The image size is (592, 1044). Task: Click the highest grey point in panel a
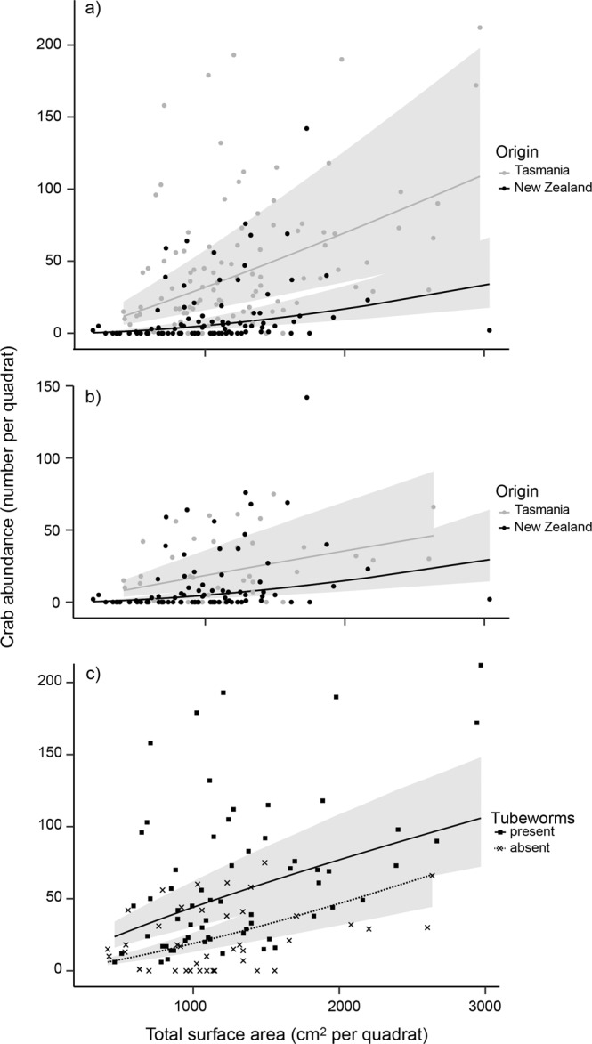(480, 28)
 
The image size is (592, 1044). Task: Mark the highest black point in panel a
(307, 128)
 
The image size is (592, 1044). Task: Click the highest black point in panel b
(307, 397)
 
